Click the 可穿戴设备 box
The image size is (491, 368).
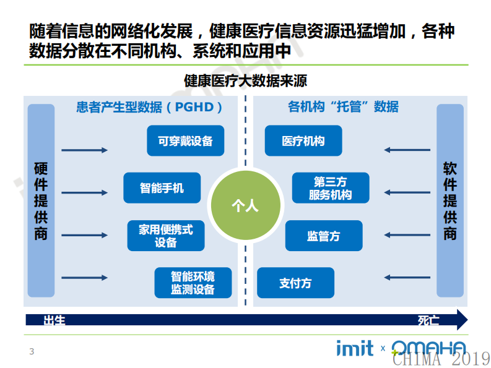(x=185, y=141)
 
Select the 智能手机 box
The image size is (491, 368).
(x=162, y=188)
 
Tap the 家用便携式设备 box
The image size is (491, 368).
(x=166, y=236)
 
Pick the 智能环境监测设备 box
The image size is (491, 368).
(x=193, y=283)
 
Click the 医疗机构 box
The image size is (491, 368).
(x=303, y=141)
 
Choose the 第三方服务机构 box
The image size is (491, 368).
(x=331, y=188)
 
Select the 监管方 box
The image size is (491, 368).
(x=324, y=236)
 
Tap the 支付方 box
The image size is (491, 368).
(x=295, y=283)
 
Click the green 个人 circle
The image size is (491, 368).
(x=245, y=205)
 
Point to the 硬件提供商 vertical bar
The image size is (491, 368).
(x=41, y=200)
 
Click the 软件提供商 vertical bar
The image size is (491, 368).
(x=450, y=200)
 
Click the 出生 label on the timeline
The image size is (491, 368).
(x=54, y=320)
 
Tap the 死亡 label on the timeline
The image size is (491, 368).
(x=428, y=320)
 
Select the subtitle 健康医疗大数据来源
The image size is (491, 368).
(x=245, y=81)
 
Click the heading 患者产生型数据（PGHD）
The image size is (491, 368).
(x=149, y=107)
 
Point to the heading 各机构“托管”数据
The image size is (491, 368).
(x=343, y=107)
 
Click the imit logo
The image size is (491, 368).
(x=355, y=348)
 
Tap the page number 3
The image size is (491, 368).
(x=32, y=351)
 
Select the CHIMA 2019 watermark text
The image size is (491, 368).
(x=441, y=358)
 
